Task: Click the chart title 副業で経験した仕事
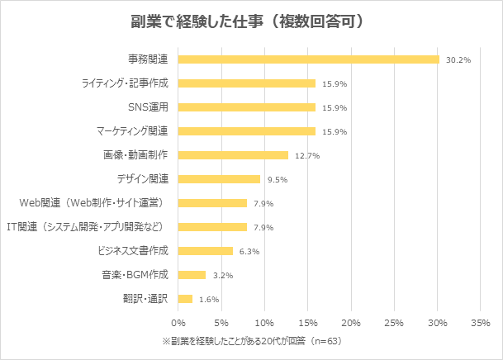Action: pos(248,21)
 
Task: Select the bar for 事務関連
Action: pos(308,59)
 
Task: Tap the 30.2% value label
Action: pos(458,59)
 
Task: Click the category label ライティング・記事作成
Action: pos(125,83)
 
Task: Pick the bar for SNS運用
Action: pos(247,107)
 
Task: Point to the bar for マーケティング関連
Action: pos(247,131)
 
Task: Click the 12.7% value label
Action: pos(307,155)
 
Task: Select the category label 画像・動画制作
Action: pos(135,155)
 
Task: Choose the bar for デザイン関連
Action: pos(219,179)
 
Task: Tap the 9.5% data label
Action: pos(279,179)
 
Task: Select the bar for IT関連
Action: pos(212,227)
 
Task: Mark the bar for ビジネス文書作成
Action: pos(206,251)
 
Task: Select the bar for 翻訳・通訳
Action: pos(185,299)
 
